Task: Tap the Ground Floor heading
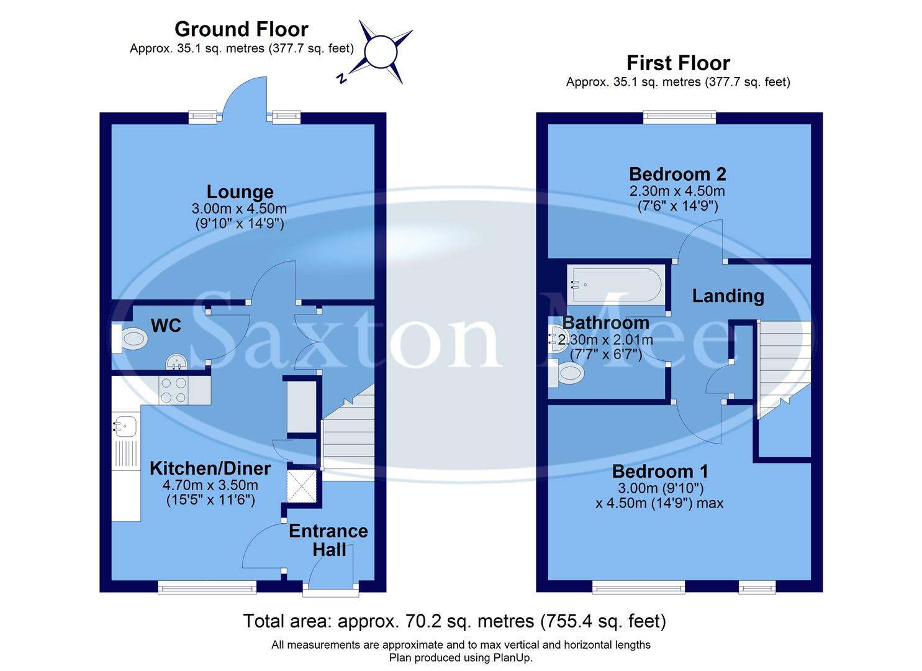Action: [x=241, y=29]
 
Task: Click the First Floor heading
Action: [x=678, y=63]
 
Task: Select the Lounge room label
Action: [x=240, y=192]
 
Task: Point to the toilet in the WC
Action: [x=132, y=339]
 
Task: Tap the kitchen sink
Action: [x=125, y=426]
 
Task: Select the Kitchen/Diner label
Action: [x=210, y=468]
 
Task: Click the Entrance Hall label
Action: [x=328, y=540]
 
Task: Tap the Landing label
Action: [x=728, y=296]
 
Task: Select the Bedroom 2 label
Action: [x=677, y=174]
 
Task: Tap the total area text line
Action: [x=454, y=621]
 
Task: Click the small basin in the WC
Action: [x=177, y=362]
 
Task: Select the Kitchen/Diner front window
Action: [x=207, y=587]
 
